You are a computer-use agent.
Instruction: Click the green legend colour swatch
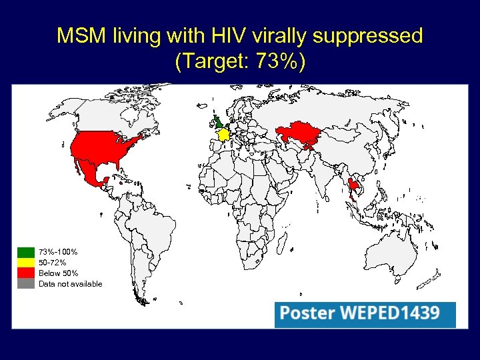point(26,252)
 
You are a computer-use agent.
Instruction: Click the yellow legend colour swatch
point(26,263)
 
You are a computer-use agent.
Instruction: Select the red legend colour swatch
point(26,273)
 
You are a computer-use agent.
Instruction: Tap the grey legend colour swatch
point(26,284)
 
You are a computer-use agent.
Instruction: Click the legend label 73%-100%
point(58,252)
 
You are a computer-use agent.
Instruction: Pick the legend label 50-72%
point(52,263)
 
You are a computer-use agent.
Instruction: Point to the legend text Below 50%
point(58,273)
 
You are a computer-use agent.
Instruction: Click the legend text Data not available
point(71,284)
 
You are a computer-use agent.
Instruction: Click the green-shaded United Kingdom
point(219,123)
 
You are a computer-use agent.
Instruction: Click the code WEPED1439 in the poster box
point(390,313)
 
